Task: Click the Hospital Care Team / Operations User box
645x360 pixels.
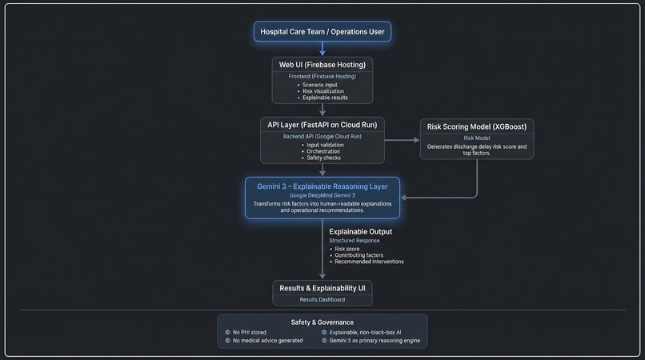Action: coord(322,32)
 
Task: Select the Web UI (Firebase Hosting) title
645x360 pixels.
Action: coord(322,63)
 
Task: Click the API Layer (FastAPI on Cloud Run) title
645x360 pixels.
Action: coord(322,124)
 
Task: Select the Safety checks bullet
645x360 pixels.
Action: coord(325,158)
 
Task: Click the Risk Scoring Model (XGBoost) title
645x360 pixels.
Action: coord(476,126)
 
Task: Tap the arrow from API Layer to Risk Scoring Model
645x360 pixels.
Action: coord(402,140)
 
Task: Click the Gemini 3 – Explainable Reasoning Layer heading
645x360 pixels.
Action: coord(322,186)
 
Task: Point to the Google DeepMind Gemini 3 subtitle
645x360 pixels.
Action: coord(322,195)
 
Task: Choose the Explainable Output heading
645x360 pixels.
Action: coord(361,231)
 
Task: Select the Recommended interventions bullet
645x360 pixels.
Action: coord(369,262)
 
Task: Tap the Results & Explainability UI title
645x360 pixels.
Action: coord(322,287)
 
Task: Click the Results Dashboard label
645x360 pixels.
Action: coord(322,299)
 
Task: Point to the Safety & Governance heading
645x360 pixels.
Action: coord(322,322)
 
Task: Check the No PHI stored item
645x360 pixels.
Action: coord(249,332)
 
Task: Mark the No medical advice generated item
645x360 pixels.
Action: coord(267,341)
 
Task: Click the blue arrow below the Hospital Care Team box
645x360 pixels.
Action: coord(322,49)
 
